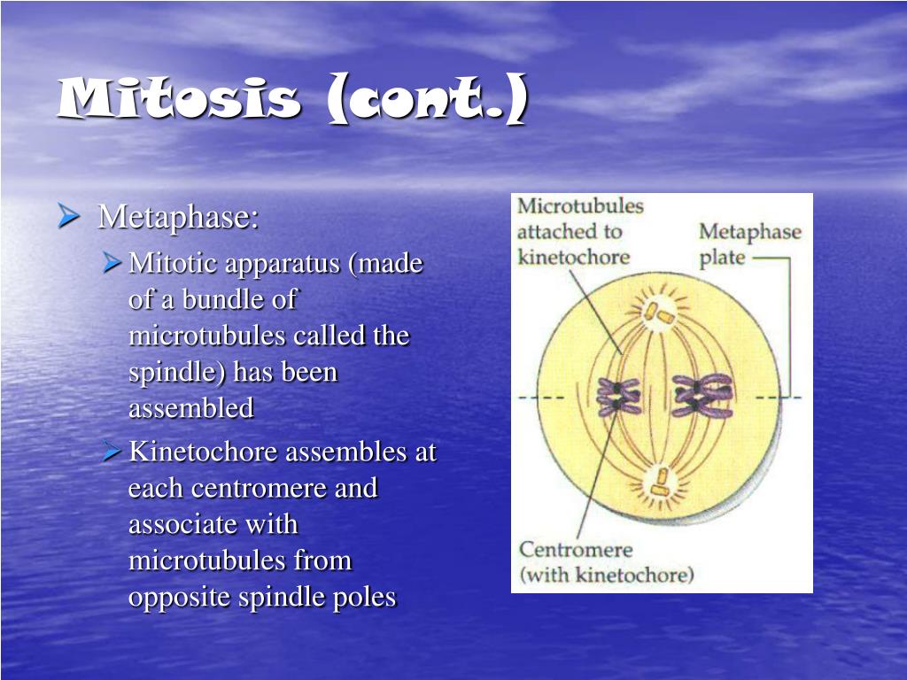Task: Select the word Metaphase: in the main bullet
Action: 178,218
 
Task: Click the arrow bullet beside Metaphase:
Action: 69,216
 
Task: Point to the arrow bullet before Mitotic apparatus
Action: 112,262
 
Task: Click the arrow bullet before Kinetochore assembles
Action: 112,451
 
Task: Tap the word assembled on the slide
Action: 191,407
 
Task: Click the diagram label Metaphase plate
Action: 749,244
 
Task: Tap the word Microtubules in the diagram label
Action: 580,205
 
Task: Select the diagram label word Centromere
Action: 576,549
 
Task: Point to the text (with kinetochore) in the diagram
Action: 606,575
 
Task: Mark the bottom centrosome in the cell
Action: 659,484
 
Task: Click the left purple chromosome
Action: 618,398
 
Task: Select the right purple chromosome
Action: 702,396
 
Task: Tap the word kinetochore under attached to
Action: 573,257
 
